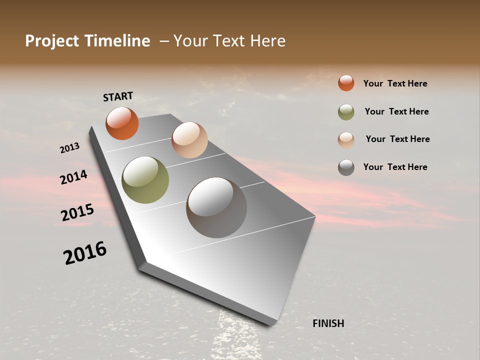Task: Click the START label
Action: pos(118,96)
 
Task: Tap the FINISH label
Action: pos(328,323)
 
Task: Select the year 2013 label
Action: pos(70,148)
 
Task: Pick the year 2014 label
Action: pos(73,177)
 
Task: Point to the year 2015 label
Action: pos(77,212)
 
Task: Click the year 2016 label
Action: pos(85,253)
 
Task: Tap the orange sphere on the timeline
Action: pos(122,123)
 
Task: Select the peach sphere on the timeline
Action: pos(189,140)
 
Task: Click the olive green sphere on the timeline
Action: pos(145,180)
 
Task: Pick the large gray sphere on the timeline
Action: pos(216,207)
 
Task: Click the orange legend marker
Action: pos(346,83)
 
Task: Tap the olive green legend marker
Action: pos(346,112)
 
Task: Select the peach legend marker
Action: pos(346,140)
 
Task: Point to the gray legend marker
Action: pos(346,167)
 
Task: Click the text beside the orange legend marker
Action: pos(395,83)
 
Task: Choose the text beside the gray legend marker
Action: pos(395,167)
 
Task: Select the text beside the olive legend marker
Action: pos(396,111)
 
